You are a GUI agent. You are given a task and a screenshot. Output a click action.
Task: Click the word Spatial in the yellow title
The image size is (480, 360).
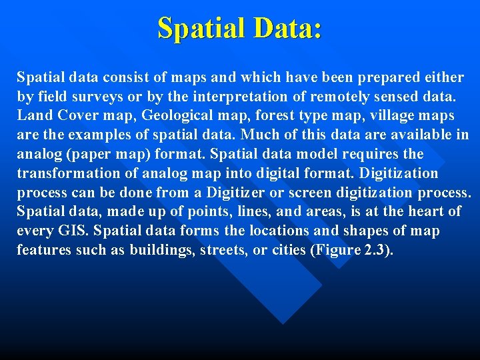(x=201, y=28)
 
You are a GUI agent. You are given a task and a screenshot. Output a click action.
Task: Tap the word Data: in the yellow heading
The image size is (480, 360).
(x=286, y=28)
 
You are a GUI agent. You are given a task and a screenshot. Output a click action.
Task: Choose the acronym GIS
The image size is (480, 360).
(x=64, y=231)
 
